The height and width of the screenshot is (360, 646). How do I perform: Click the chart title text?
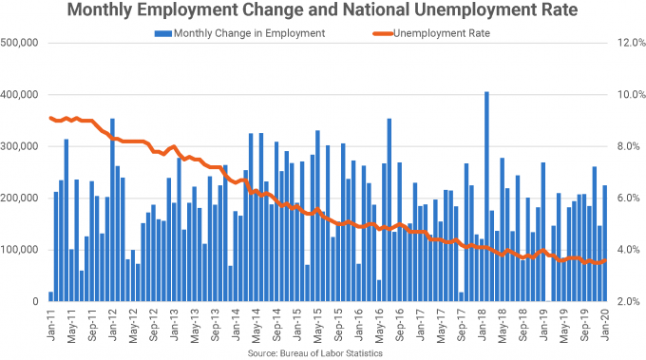click(323, 12)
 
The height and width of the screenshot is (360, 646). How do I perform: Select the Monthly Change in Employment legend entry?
click(243, 33)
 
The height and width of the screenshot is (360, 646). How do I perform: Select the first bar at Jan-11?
click(50, 296)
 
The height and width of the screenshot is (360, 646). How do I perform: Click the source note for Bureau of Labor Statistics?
click(323, 352)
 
